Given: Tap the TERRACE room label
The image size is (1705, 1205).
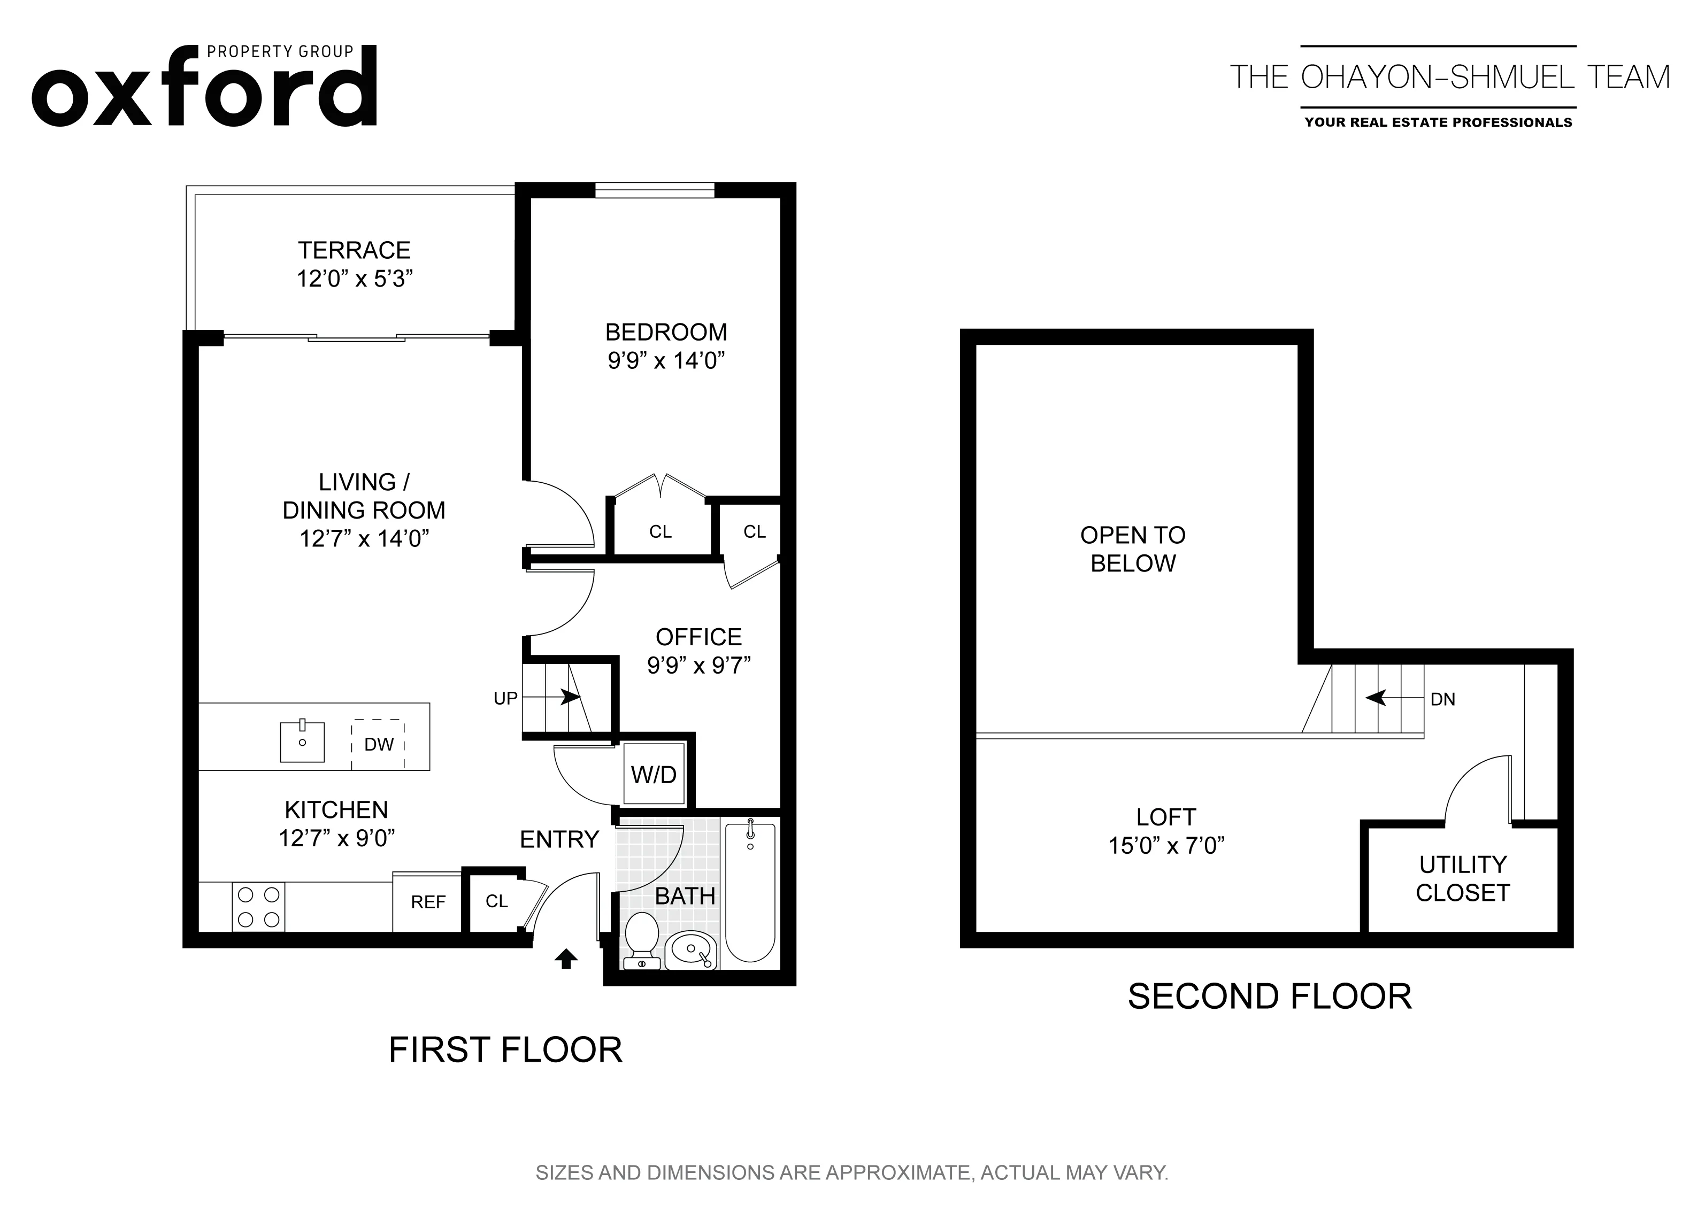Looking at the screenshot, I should tap(354, 250).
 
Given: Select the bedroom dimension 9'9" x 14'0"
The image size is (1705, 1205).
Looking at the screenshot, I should tap(666, 361).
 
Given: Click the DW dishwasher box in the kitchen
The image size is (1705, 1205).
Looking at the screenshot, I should tap(378, 744).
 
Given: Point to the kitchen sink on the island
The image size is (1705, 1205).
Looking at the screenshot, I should tap(302, 741).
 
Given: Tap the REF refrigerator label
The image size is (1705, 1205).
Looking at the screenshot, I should tap(428, 902).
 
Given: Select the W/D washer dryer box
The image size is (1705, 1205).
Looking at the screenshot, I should tap(654, 775).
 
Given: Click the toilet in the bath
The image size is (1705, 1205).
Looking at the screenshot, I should tap(642, 939).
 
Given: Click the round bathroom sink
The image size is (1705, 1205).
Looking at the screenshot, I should tap(690, 949).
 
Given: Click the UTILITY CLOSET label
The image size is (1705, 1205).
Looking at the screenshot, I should tap(1462, 878).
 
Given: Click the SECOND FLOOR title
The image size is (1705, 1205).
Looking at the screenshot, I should tap(1269, 997).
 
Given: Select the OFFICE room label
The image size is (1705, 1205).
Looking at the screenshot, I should tap(698, 637).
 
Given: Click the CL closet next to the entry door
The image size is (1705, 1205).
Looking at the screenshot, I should tap(496, 901).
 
